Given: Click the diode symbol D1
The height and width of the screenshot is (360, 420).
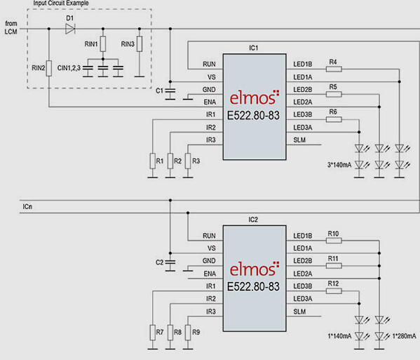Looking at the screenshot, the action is point(70,29).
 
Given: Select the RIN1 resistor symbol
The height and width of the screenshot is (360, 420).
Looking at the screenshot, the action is point(103,44).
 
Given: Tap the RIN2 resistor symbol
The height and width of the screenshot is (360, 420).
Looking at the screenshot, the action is point(49,68).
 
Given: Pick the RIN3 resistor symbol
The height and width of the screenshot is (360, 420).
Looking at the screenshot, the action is point(140,44).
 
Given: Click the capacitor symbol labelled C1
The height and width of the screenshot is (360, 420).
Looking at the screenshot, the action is point(170,91).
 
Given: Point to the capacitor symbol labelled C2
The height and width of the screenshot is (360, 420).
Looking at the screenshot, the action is point(170,262).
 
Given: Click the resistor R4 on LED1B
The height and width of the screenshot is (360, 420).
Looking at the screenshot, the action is point(334,69).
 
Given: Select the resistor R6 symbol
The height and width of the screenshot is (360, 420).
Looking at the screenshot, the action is point(334,119).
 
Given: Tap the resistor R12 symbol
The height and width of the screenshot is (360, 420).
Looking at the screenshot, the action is point(334,291).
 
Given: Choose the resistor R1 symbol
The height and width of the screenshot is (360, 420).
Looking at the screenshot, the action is point(153,161).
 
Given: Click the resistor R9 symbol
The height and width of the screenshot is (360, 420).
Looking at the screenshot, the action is point(188,333).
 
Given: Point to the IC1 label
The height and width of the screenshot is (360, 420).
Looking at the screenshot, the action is point(253,48).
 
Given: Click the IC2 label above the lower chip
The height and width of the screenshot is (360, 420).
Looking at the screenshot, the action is point(253,220).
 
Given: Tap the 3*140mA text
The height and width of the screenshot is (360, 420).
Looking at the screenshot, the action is point(339,165).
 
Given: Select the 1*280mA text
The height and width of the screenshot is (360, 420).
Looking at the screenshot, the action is point(404,336).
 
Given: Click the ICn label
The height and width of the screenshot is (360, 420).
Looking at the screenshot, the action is point(27,207).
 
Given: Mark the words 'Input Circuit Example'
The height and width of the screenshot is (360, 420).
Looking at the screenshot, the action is point(61,4).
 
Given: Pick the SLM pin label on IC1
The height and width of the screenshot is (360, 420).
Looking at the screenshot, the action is point(299,140).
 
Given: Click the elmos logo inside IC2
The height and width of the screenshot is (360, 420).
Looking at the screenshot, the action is point(255,269).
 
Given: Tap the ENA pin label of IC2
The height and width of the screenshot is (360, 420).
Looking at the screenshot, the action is point(210,274).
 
